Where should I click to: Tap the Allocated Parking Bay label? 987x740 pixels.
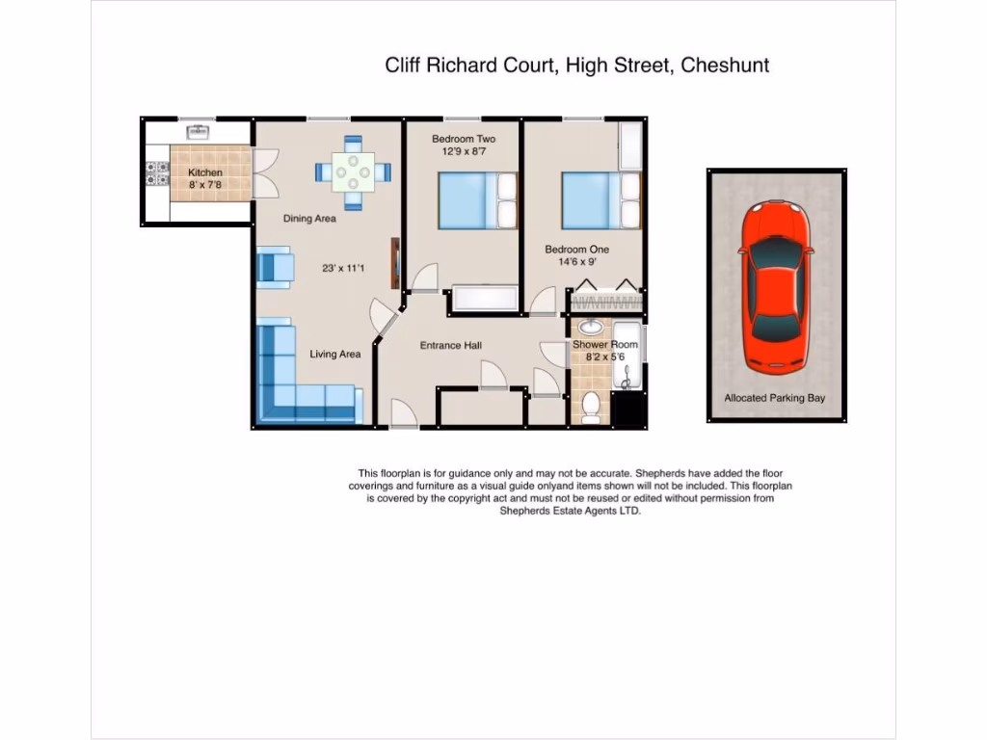775,398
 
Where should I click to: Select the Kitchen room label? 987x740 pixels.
204,173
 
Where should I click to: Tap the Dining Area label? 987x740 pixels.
309,219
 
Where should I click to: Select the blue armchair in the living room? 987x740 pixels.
275,267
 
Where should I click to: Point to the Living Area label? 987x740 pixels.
334,355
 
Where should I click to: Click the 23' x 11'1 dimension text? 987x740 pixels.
343,268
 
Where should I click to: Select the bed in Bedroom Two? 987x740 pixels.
477,200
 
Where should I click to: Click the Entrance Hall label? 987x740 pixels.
450,346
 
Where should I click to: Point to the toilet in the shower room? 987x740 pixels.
591,409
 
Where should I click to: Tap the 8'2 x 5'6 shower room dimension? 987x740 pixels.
605,357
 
